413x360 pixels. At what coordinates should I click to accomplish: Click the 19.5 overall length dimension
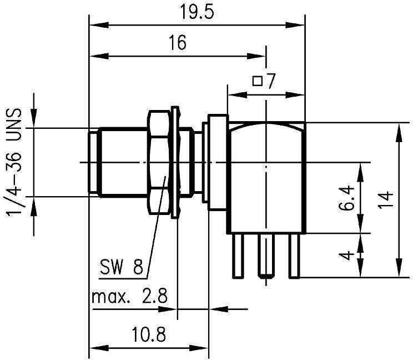tap(196, 12)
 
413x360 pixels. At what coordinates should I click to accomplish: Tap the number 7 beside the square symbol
tap(270, 82)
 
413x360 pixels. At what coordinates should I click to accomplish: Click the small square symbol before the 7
tap(258, 82)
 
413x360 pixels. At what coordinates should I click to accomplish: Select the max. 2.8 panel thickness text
tap(129, 296)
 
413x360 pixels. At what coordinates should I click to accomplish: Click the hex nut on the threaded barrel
tap(159, 162)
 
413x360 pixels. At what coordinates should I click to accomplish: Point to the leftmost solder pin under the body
tap(237, 255)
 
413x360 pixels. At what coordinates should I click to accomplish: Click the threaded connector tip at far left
tap(94, 162)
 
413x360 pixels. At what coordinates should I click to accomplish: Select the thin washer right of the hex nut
tap(176, 162)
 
